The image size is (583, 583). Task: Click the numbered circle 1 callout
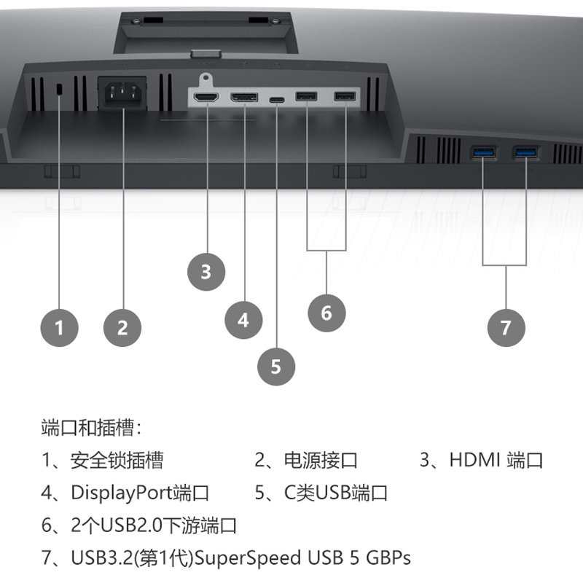pyautogui.click(x=60, y=327)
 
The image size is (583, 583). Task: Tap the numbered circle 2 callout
pyautogui.click(x=122, y=327)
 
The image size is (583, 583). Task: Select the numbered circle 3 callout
pyautogui.click(x=206, y=272)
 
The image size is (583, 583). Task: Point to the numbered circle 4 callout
pyautogui.click(x=243, y=319)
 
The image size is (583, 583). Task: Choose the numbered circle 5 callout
pyautogui.click(x=275, y=365)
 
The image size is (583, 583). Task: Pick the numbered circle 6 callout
pyautogui.click(x=326, y=313)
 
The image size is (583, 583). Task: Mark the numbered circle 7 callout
pyautogui.click(x=506, y=327)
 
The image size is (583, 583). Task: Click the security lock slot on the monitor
pyautogui.click(x=60, y=88)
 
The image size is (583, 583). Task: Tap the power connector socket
pyautogui.click(x=121, y=95)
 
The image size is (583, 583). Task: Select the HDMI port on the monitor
pyautogui.click(x=207, y=97)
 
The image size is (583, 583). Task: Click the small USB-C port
pyautogui.click(x=277, y=98)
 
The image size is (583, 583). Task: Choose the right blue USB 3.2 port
pyautogui.click(x=525, y=153)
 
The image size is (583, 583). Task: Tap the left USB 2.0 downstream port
pyautogui.click(x=306, y=97)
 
